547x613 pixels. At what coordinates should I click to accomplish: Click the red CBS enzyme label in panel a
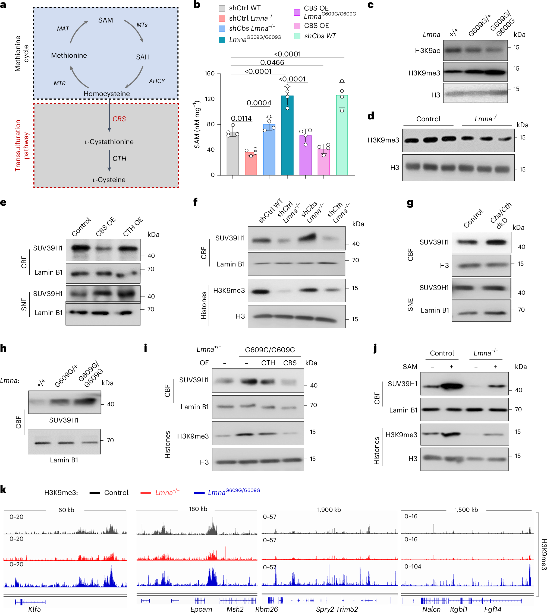click(x=119, y=119)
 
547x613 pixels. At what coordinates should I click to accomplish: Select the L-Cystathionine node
click(x=109, y=142)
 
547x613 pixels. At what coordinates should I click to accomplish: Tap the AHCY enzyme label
click(x=157, y=81)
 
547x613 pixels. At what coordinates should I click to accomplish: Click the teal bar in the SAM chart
click(x=287, y=135)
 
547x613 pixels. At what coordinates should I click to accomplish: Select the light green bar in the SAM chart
click(x=342, y=135)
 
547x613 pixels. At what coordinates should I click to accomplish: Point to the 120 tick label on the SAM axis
click(x=209, y=99)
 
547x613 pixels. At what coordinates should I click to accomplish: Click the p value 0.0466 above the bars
click(x=272, y=62)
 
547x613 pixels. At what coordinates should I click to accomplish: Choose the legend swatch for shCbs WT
click(x=297, y=36)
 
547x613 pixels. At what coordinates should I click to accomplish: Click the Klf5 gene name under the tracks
click(x=34, y=609)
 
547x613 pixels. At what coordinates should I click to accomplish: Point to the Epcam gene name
click(x=201, y=609)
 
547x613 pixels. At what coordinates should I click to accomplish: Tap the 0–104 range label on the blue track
click(x=413, y=566)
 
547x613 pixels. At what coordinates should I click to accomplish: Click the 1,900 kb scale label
click(x=329, y=510)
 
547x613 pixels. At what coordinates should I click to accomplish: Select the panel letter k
click(x=3, y=490)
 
